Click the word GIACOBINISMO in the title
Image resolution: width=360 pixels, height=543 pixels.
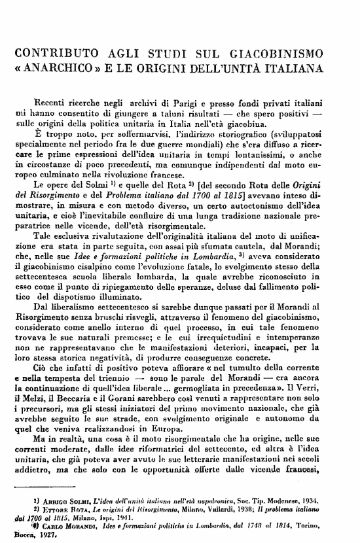point(289,52)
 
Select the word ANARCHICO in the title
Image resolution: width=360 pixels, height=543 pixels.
point(65,67)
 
